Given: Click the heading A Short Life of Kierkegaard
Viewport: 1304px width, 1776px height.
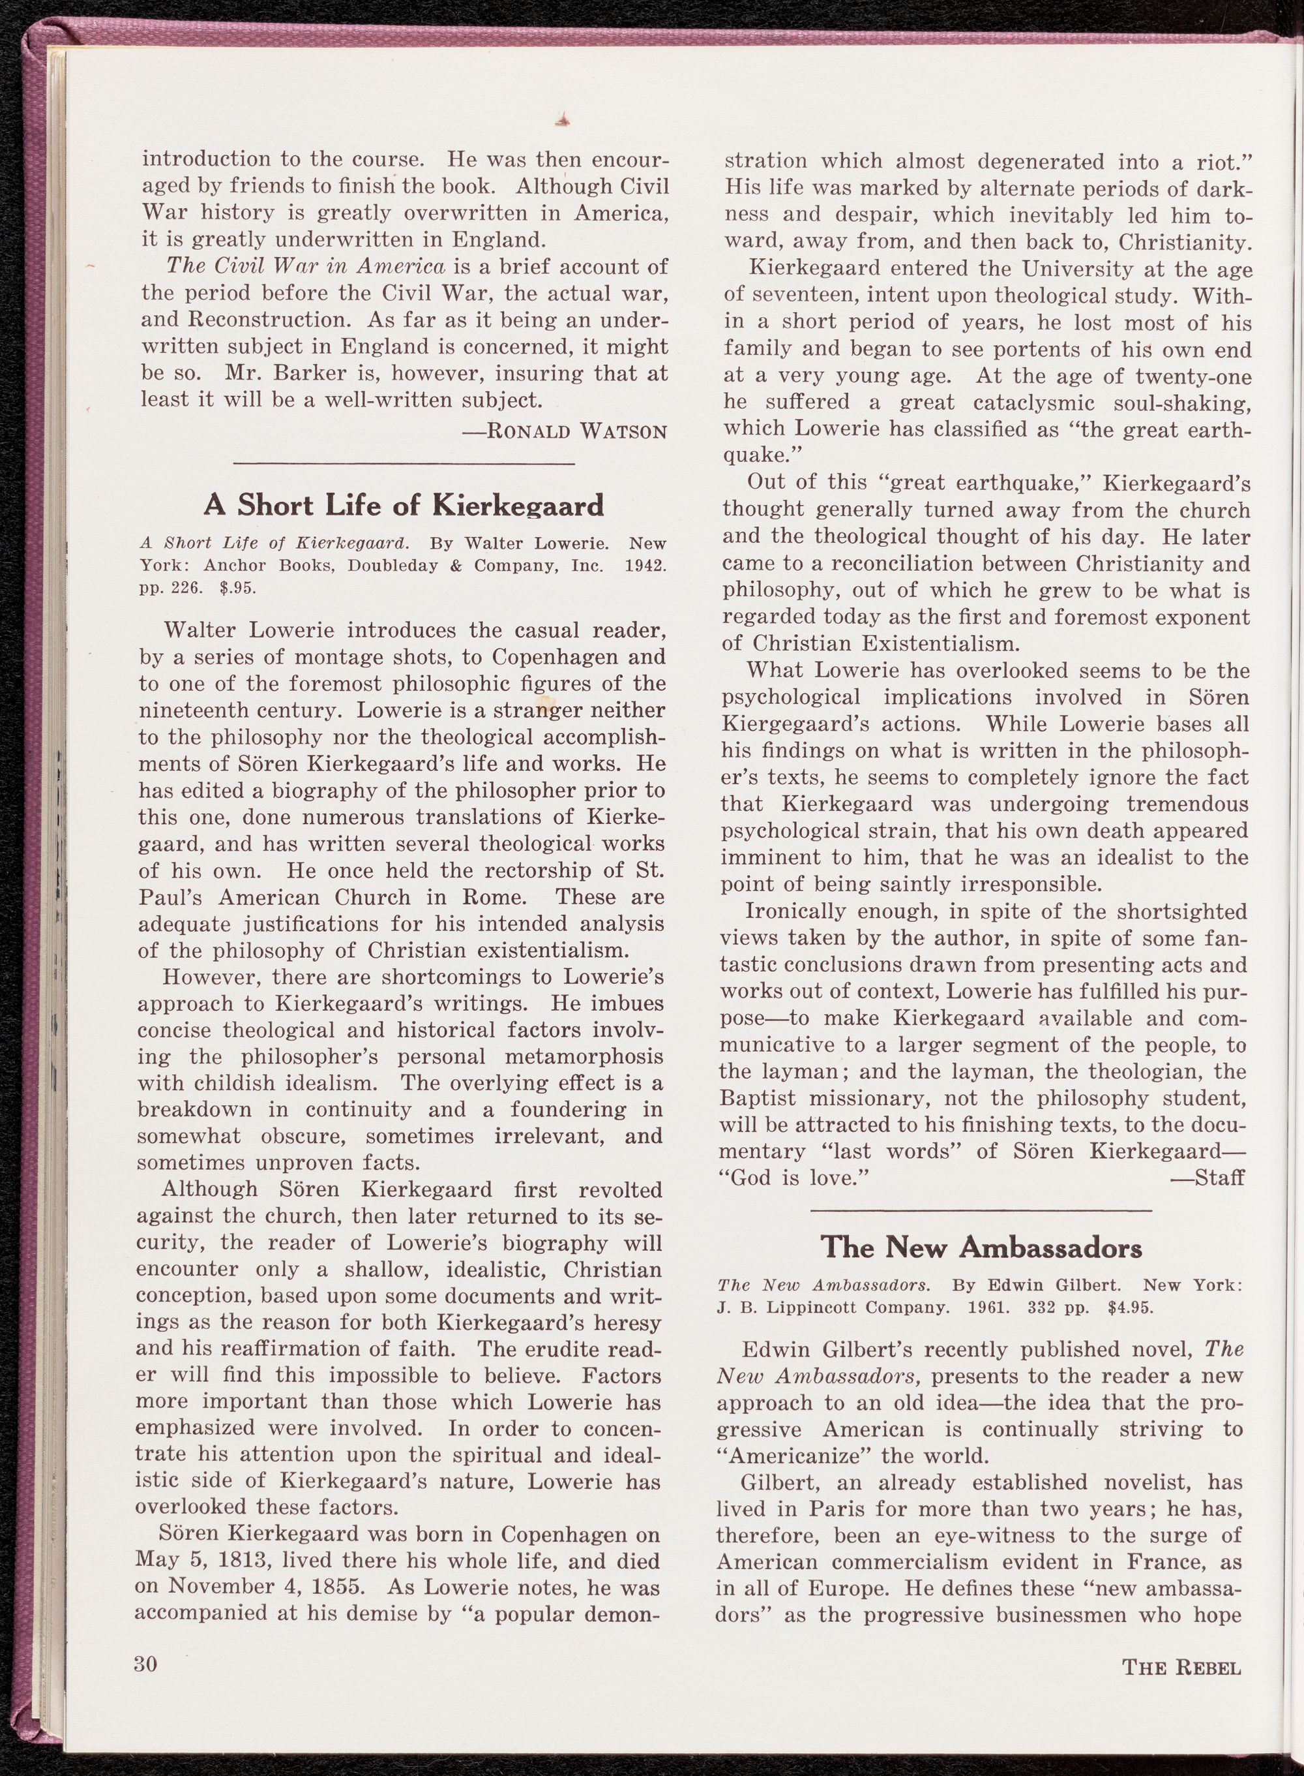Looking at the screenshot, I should pyautogui.click(x=404, y=504).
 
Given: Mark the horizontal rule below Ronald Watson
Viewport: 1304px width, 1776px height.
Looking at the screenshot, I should pyautogui.click(x=404, y=463).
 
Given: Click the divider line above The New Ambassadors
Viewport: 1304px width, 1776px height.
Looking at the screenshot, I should pyautogui.click(x=981, y=1210).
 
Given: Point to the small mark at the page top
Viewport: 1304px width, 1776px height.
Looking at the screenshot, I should pyautogui.click(x=563, y=120).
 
